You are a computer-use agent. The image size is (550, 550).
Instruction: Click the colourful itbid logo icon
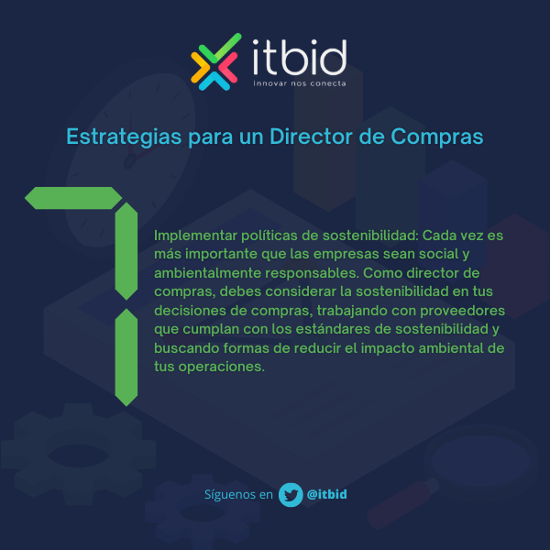click(216, 61)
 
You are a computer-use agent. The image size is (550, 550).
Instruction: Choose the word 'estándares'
click(350, 329)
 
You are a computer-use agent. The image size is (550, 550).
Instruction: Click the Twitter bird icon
click(291, 494)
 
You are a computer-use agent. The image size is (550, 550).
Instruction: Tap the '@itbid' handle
click(327, 494)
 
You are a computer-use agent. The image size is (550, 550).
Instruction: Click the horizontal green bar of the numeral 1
click(72, 197)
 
